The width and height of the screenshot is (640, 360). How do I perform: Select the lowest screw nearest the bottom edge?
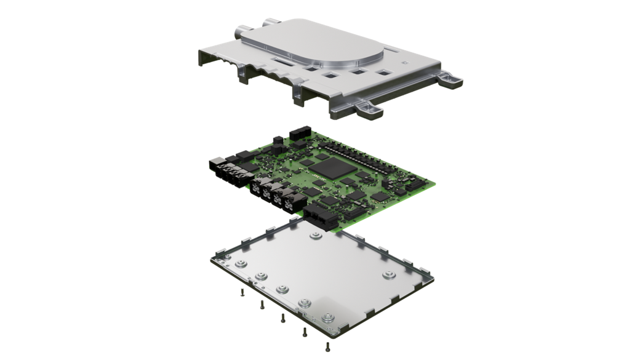point(327,348)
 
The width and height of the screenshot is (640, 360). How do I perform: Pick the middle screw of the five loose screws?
point(282,318)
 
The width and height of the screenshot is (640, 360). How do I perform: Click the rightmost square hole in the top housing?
point(385,73)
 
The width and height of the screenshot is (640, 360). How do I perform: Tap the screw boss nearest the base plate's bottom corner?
point(329,319)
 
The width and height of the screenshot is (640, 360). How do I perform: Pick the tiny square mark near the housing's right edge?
point(403,61)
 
